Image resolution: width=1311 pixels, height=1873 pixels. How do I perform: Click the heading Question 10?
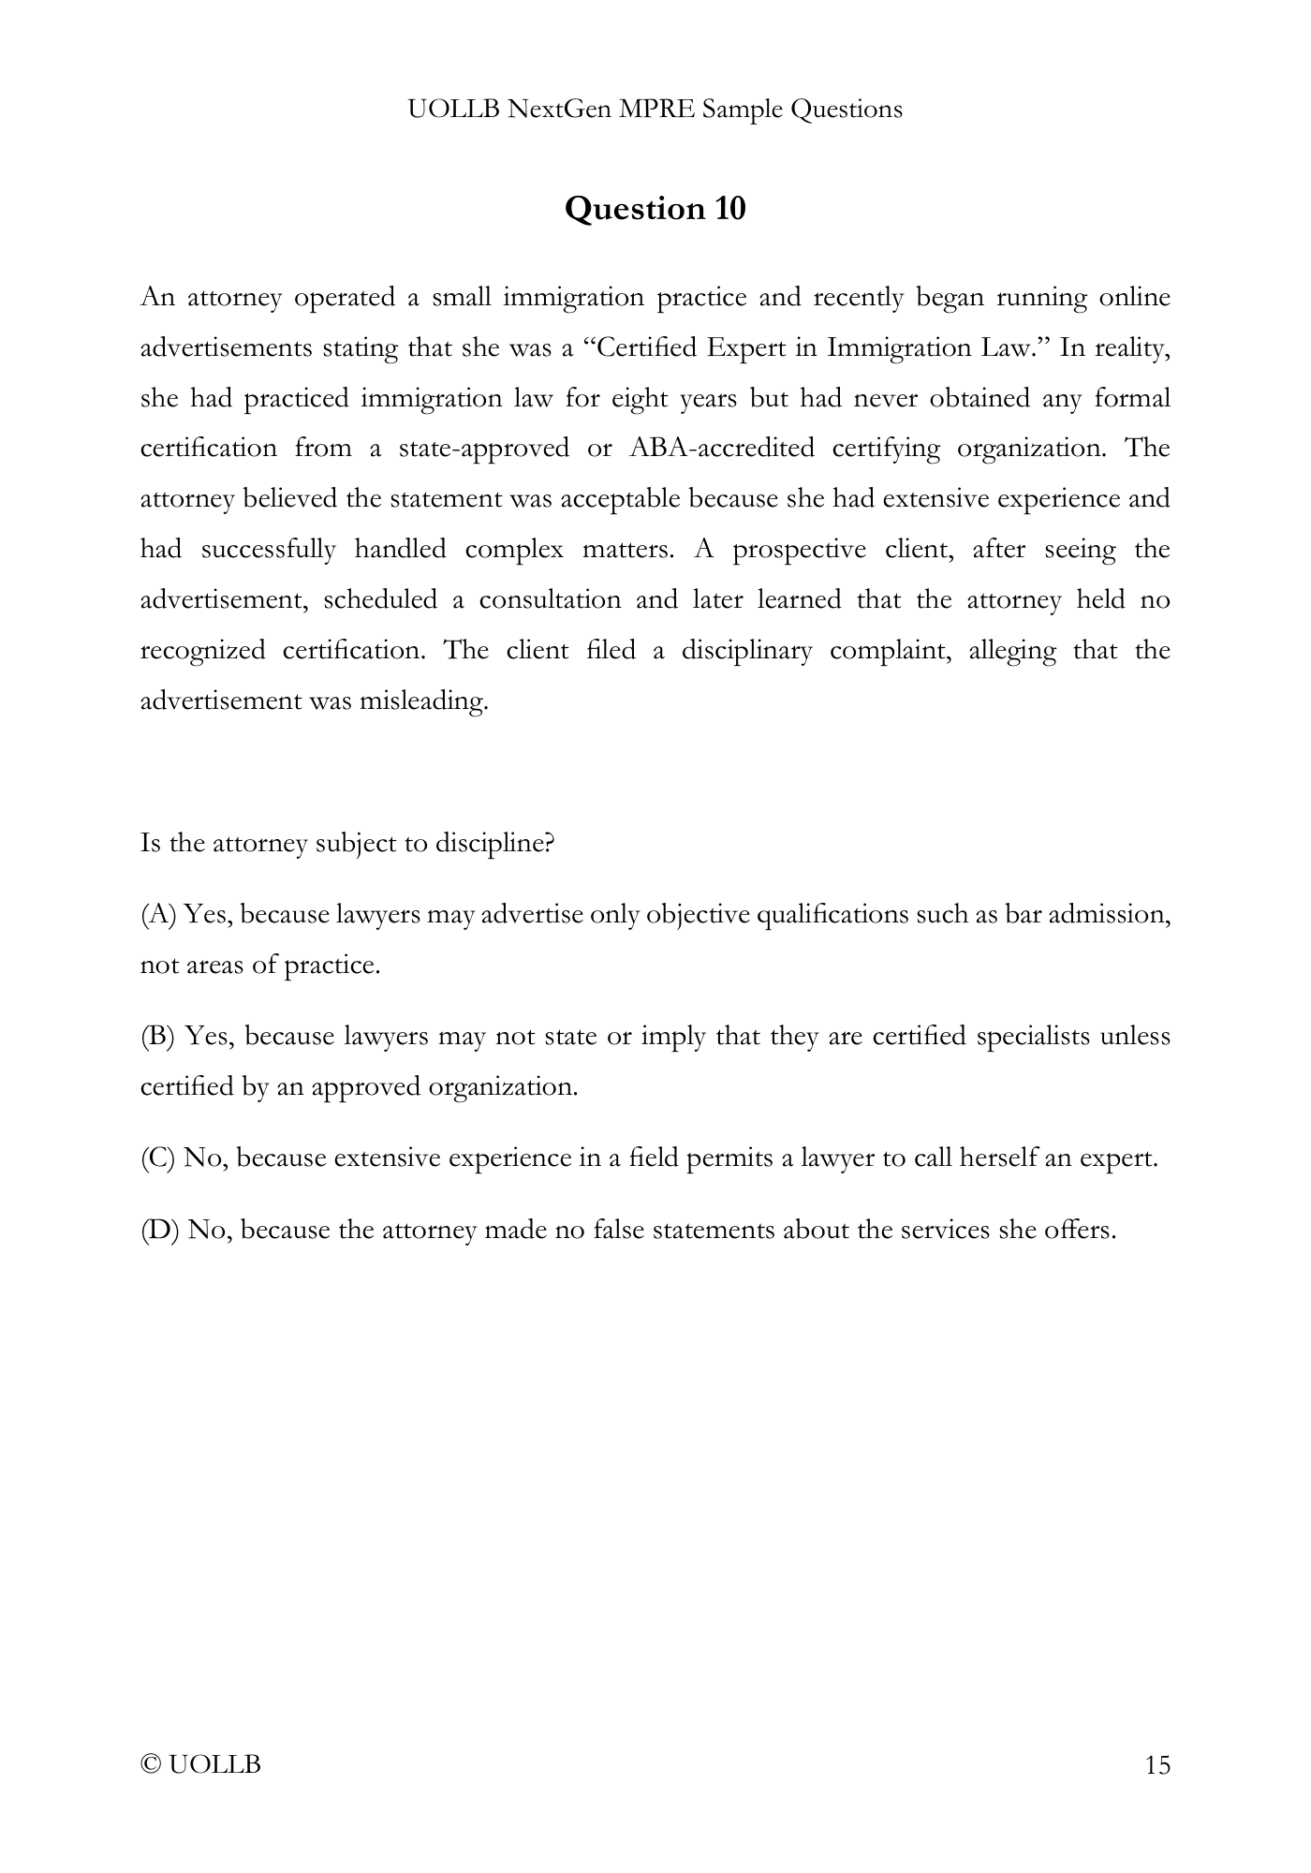[655, 208]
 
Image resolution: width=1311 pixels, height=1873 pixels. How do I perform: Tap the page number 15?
[1157, 1765]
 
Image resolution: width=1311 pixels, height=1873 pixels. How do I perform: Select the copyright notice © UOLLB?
[200, 1765]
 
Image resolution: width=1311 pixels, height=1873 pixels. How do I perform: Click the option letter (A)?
[158, 914]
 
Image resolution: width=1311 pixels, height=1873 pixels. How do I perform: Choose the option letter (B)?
[158, 1037]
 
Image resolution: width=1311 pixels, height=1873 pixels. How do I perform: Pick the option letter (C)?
[158, 1158]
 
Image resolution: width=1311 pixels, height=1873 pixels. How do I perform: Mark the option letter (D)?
[159, 1230]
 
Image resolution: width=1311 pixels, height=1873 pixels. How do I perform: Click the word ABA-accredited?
[722, 448]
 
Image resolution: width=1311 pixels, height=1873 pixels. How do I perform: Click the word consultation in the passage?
[550, 599]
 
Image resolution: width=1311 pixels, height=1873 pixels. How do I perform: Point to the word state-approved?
[483, 448]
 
